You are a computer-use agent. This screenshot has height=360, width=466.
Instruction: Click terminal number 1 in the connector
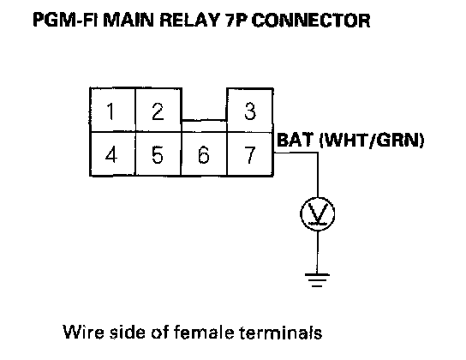[112, 110]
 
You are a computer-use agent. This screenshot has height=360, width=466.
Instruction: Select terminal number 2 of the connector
[158, 110]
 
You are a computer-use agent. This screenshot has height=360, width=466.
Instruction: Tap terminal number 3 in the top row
[250, 110]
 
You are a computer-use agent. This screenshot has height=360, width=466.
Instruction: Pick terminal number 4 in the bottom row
[112, 154]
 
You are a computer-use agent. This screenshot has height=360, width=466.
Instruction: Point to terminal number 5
[158, 154]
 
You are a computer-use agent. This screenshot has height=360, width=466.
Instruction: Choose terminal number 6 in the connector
[204, 154]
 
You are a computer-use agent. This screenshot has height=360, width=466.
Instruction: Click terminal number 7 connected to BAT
[250, 154]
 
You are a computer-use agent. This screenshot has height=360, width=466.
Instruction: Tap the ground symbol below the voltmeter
[317, 280]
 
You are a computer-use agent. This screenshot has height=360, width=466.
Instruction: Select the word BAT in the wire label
[296, 140]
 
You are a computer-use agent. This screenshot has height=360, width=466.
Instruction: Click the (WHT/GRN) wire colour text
[372, 140]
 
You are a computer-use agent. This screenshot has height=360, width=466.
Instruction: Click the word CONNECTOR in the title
[311, 21]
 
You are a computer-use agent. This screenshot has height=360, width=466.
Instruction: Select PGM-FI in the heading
[66, 21]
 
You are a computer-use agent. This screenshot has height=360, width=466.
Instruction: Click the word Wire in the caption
[83, 332]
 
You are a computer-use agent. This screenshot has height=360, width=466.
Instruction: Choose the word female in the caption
[204, 332]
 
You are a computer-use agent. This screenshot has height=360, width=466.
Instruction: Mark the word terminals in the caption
[281, 332]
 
